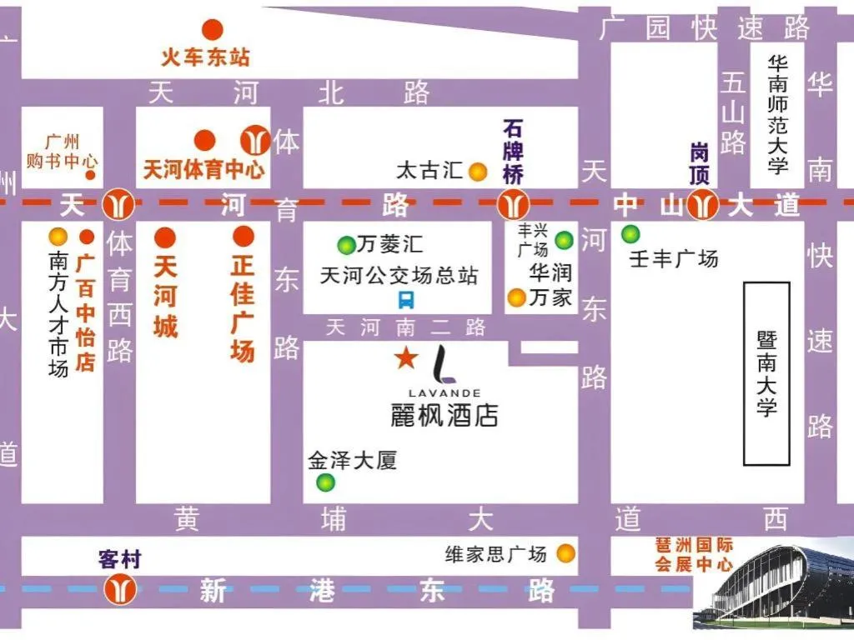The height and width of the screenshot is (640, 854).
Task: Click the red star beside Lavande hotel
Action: (406, 358)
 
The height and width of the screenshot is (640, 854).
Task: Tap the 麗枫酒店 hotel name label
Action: (444, 414)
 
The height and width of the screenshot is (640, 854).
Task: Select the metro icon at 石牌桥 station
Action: (511, 203)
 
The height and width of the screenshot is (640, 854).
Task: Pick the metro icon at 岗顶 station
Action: (705, 203)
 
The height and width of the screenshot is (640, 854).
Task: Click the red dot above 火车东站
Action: (213, 30)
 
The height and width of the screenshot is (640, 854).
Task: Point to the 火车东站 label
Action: (205, 57)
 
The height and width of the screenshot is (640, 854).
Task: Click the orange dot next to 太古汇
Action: (477, 172)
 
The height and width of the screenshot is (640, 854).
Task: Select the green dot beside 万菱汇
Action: (345, 245)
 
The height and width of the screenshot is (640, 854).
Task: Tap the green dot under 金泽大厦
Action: (325, 482)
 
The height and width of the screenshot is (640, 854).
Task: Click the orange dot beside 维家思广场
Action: (566, 552)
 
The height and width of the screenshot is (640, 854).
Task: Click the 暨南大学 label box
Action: (766, 373)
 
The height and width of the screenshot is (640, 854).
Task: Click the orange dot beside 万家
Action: (517, 297)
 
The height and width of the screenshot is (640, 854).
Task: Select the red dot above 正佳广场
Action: (243, 237)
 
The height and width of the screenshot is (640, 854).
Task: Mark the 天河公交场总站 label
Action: (399, 275)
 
